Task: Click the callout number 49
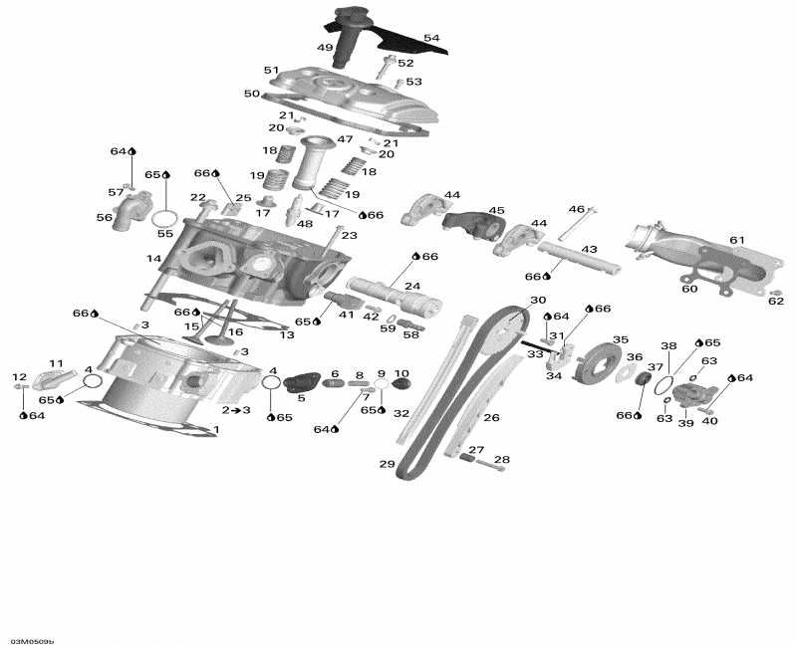pyautogui.click(x=325, y=47)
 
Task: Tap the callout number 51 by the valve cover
pyautogui.click(x=271, y=70)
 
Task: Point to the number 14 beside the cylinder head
pyautogui.click(x=153, y=259)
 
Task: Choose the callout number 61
pyautogui.click(x=764, y=241)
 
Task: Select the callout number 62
pyautogui.click(x=776, y=302)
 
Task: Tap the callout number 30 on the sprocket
pyautogui.click(x=537, y=300)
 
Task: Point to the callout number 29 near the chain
pyautogui.click(x=388, y=465)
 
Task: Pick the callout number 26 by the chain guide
pyautogui.click(x=491, y=417)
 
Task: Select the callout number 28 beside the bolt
pyautogui.click(x=502, y=460)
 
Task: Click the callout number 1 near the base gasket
pyautogui.click(x=216, y=430)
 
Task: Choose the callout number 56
pyautogui.click(x=105, y=217)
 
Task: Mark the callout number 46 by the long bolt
pyautogui.click(x=577, y=209)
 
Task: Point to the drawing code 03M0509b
pyautogui.click(x=33, y=640)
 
